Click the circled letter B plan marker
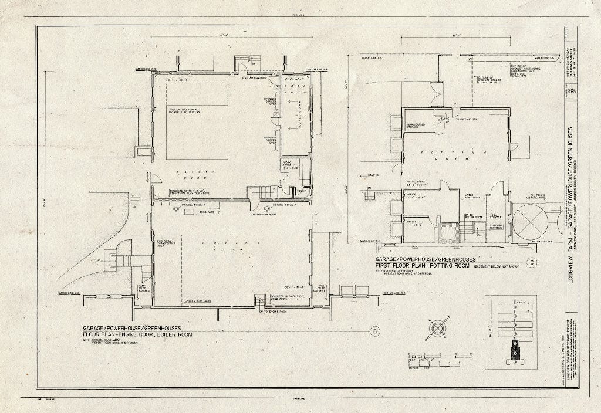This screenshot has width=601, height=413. click(x=374, y=331)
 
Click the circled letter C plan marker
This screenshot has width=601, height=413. click(x=531, y=262)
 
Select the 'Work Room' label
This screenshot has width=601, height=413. click(x=290, y=164)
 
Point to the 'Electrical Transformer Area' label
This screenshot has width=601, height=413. click(x=167, y=245)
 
